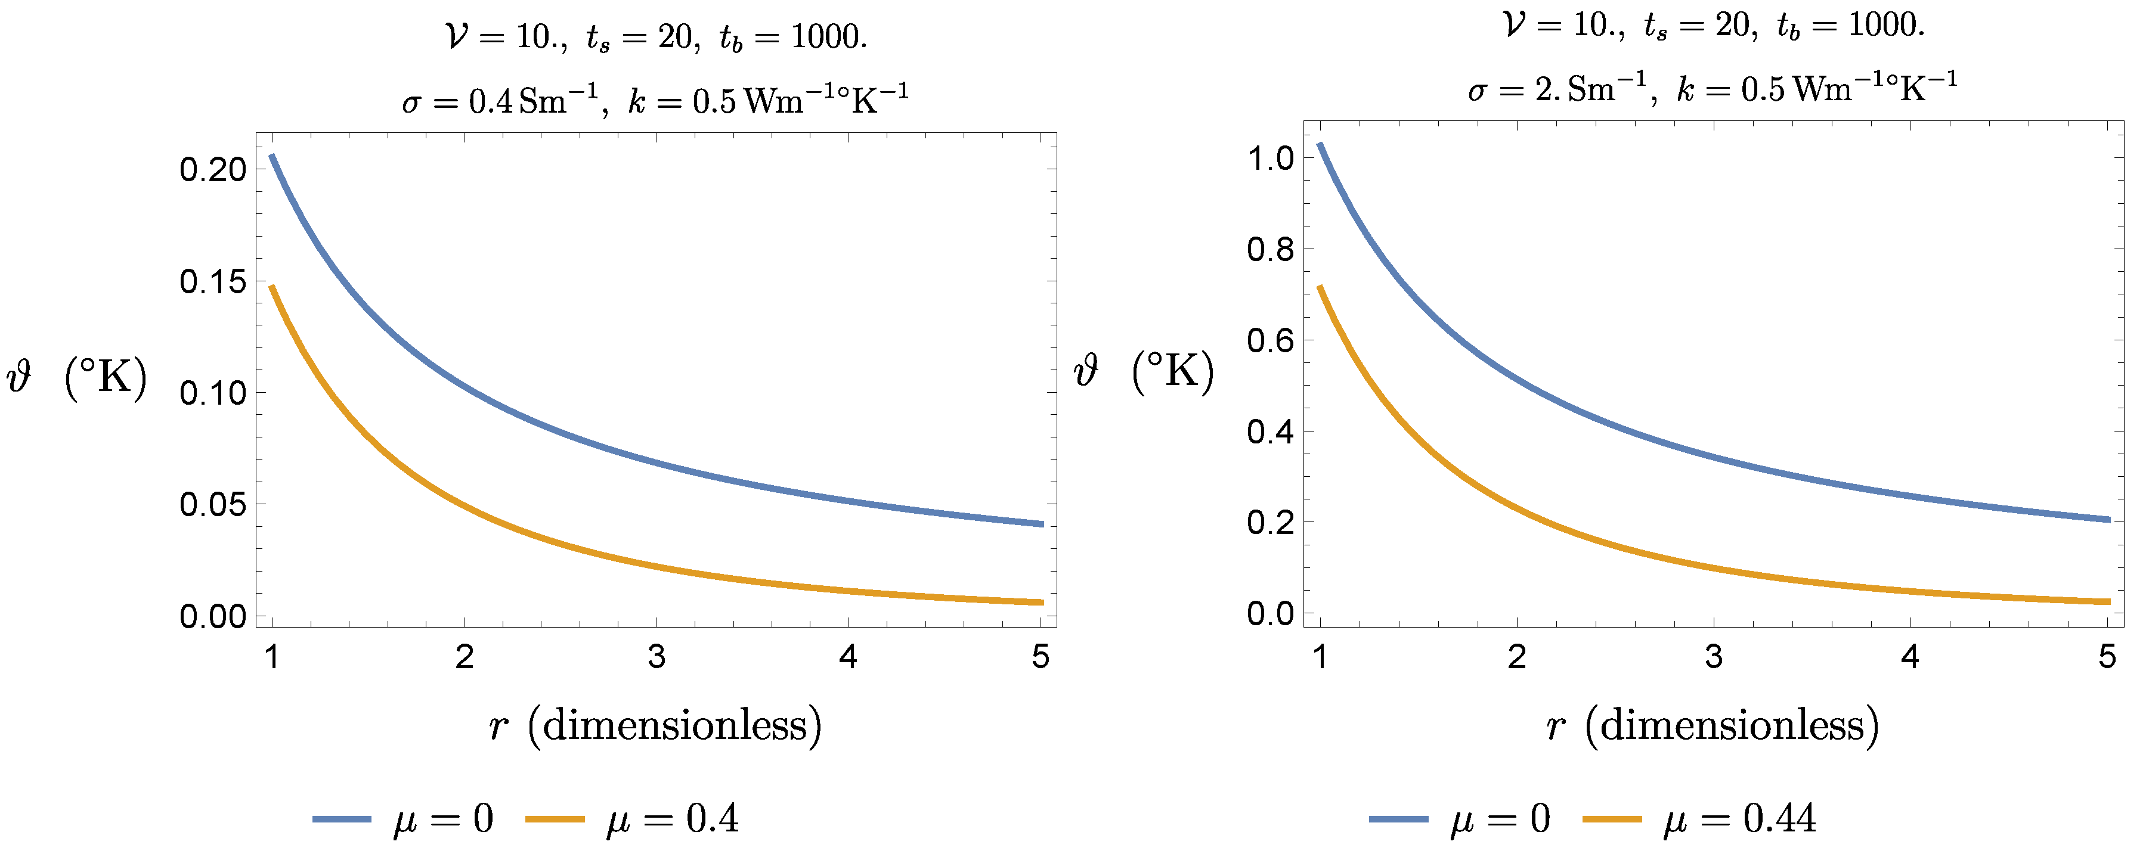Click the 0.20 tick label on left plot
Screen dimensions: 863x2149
(x=213, y=170)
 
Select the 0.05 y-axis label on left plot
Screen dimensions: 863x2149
(x=213, y=504)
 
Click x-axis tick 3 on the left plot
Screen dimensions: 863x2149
(x=657, y=657)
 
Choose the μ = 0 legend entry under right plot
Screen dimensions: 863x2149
(x=1459, y=819)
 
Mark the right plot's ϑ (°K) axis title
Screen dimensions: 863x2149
(x=1144, y=372)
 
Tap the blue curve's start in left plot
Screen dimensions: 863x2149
(x=272, y=156)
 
